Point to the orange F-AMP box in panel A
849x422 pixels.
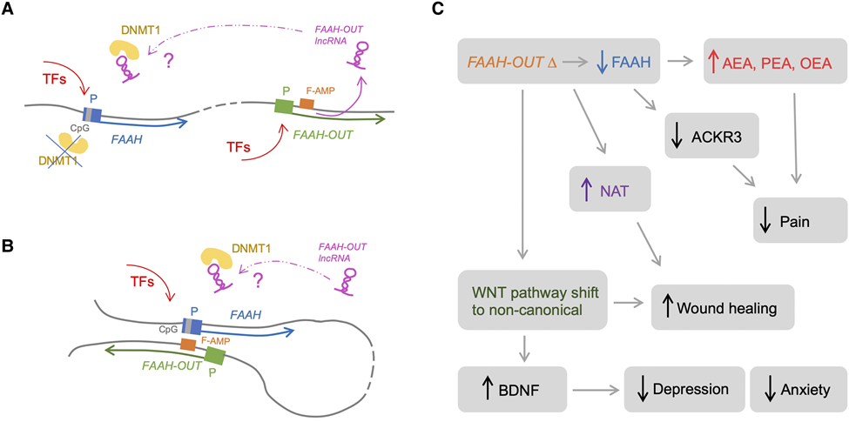pos(307,104)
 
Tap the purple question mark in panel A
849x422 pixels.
pos(168,63)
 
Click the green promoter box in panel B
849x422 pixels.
pos(215,356)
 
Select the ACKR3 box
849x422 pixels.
pos(711,135)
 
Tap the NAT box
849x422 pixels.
pos(609,188)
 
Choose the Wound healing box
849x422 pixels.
pos(722,308)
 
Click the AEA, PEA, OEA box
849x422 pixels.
pos(774,61)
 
